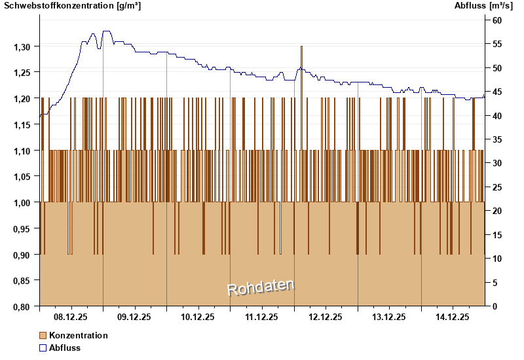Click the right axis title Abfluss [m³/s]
coord(483,6)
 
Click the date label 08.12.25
coord(71,317)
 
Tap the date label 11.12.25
coord(261,317)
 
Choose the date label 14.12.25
coord(453,317)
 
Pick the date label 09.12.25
coord(134,317)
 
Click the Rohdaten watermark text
coord(261,287)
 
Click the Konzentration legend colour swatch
coord(43,335)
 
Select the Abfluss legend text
coord(65,348)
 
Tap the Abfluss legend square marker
coord(43,348)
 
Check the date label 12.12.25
coord(326,317)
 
